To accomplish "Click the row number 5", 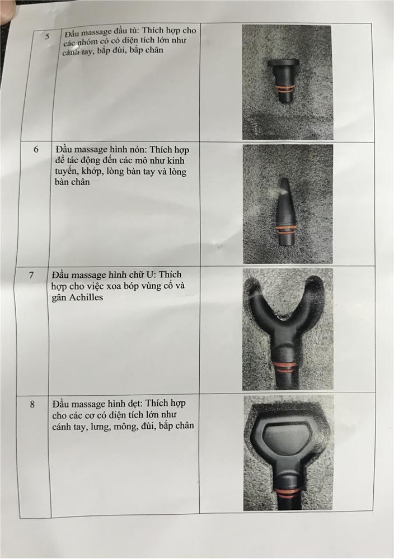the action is (x=48, y=36).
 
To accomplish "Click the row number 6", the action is (x=36, y=149).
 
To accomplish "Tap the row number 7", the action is (x=32, y=275).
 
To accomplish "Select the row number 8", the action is (x=32, y=404).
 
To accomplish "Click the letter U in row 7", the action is (x=152, y=274).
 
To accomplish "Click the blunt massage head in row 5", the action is (x=284, y=80).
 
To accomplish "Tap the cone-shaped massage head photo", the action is (x=288, y=203).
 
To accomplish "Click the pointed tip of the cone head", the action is (x=283, y=179).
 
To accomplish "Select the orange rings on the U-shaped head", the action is (x=284, y=367).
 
